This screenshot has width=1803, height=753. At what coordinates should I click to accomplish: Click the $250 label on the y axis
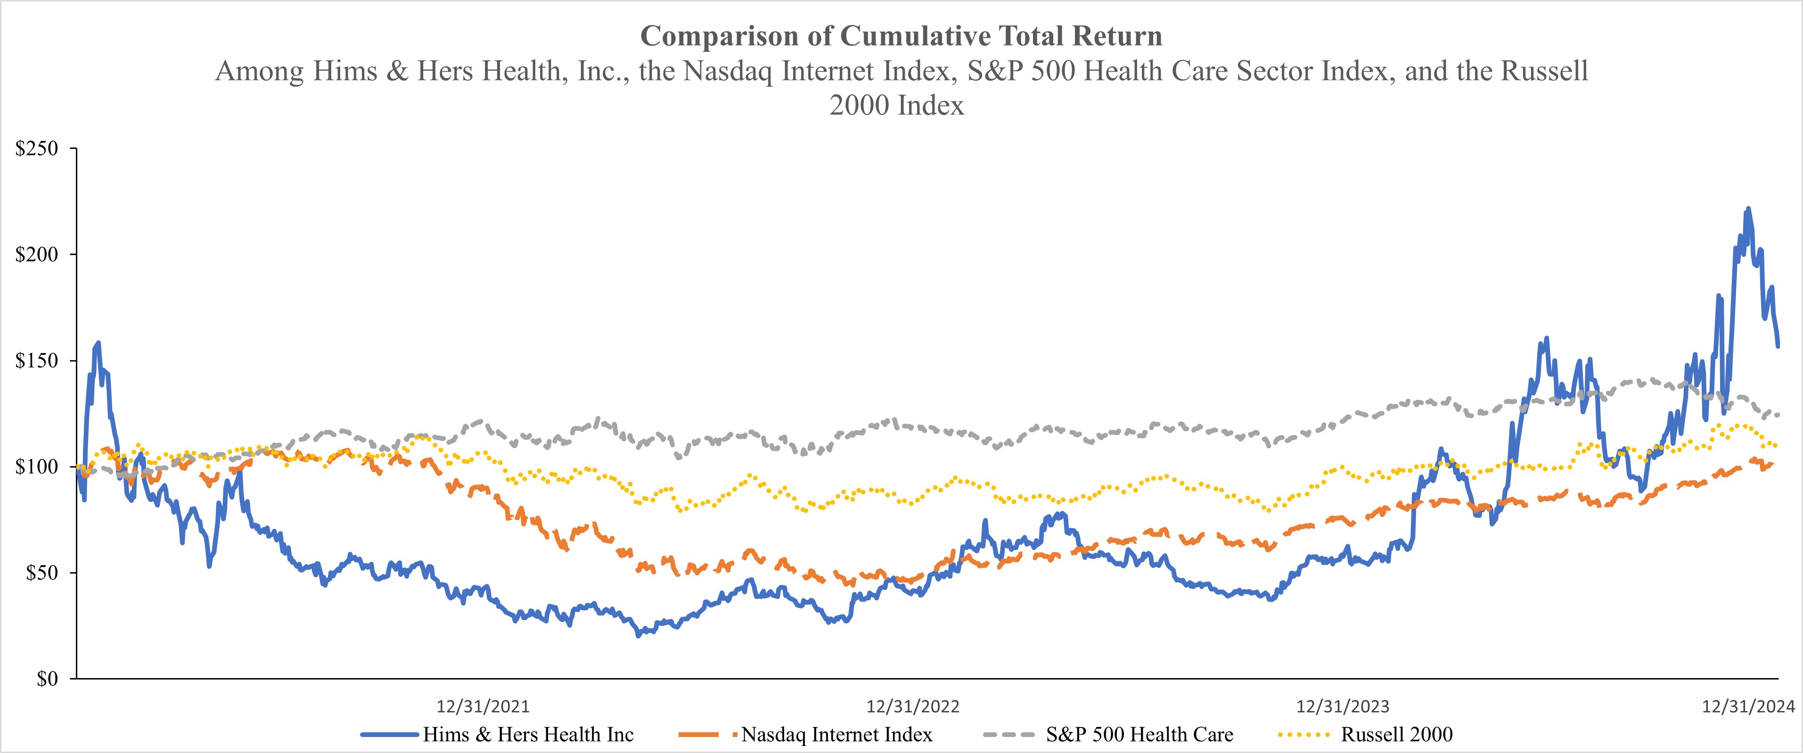(36, 149)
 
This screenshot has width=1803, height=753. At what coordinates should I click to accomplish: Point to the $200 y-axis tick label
(36, 255)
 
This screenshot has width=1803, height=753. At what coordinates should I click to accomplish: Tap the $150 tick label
(36, 361)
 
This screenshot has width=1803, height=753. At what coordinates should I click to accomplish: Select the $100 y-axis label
(36, 467)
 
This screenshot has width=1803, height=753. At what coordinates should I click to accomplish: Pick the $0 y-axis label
(47, 679)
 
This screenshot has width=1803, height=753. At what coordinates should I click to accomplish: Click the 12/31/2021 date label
(483, 706)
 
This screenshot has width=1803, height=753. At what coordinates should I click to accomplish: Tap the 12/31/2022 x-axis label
(913, 706)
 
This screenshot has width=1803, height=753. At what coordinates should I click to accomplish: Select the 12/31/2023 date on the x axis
(1343, 706)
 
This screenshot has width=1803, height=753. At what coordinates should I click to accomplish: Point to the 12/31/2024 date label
(1748, 706)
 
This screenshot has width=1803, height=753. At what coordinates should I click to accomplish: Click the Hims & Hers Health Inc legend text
(528, 735)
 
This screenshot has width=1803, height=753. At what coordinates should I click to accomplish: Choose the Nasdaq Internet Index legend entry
(836, 735)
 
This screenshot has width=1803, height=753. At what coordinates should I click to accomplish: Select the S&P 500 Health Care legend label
(1139, 735)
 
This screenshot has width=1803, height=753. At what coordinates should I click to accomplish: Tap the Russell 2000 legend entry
(1396, 735)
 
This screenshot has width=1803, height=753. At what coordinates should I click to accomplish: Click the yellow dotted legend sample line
(1303, 735)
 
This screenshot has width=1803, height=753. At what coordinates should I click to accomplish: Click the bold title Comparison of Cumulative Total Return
(901, 36)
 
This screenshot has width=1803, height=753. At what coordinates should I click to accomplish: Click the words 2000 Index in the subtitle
(897, 106)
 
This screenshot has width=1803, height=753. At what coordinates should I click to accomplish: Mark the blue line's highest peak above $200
(1748, 209)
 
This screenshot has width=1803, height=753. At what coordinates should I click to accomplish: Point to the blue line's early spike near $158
(98, 343)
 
